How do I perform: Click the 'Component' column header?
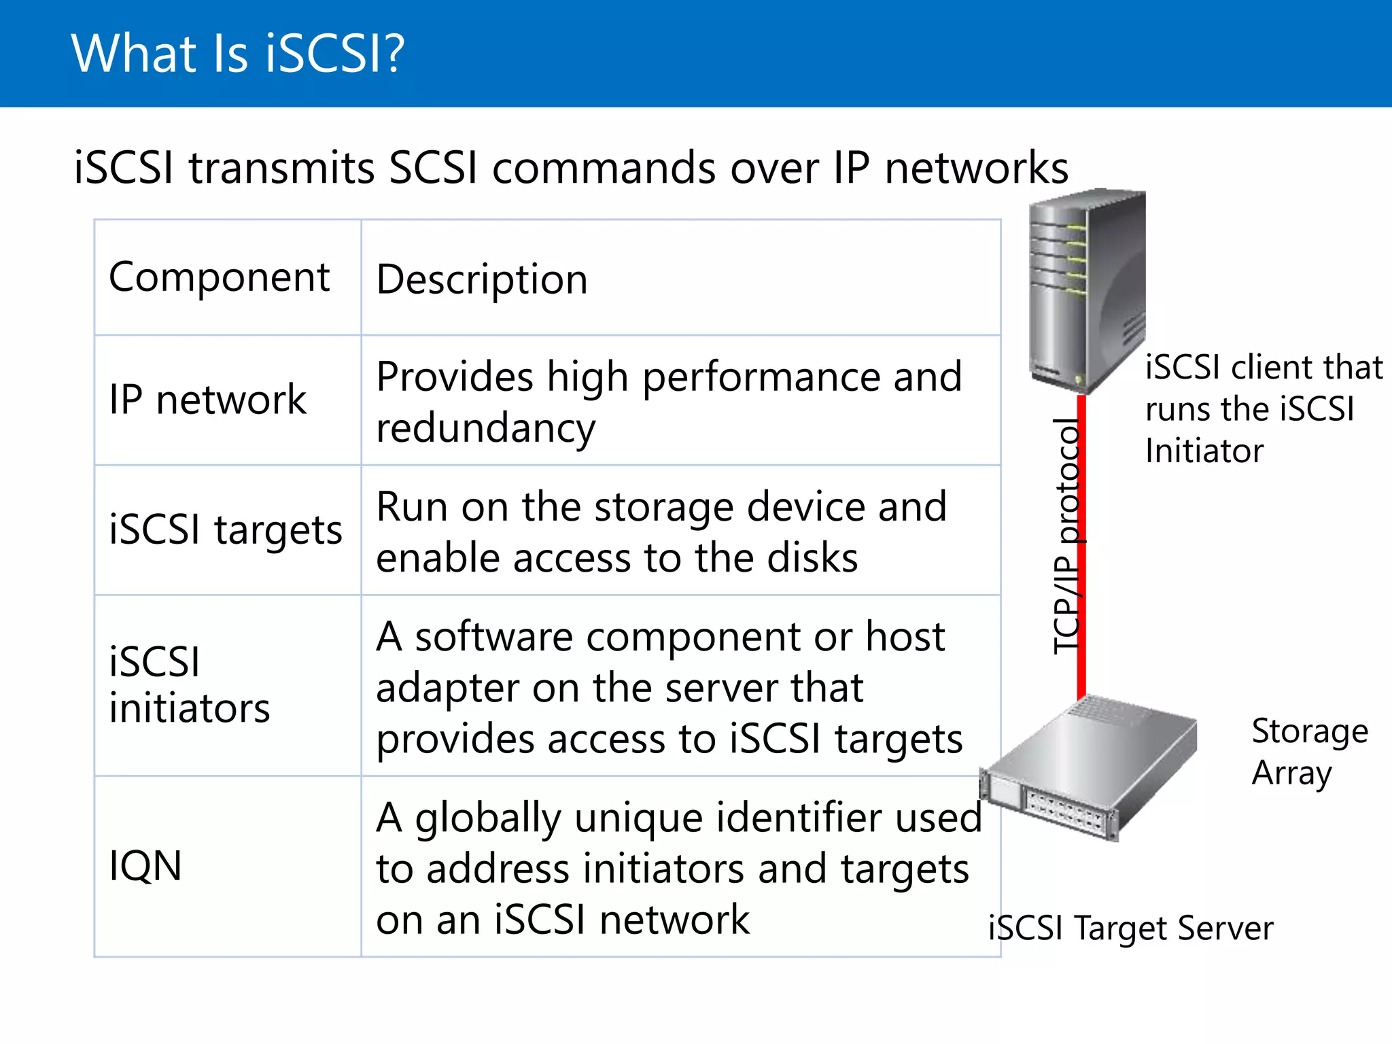point(219,277)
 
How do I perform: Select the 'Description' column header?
point(482,279)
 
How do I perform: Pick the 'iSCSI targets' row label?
point(226,529)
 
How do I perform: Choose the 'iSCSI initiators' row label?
point(190,684)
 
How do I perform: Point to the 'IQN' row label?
point(145,866)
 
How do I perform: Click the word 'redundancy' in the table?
point(486,428)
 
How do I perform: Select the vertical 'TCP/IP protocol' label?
point(1066,537)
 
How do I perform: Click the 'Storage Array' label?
point(1310,752)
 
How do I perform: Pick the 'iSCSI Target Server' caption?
point(1130,928)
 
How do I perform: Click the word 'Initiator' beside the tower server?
point(1204,451)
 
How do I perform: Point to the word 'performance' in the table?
point(761,377)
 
